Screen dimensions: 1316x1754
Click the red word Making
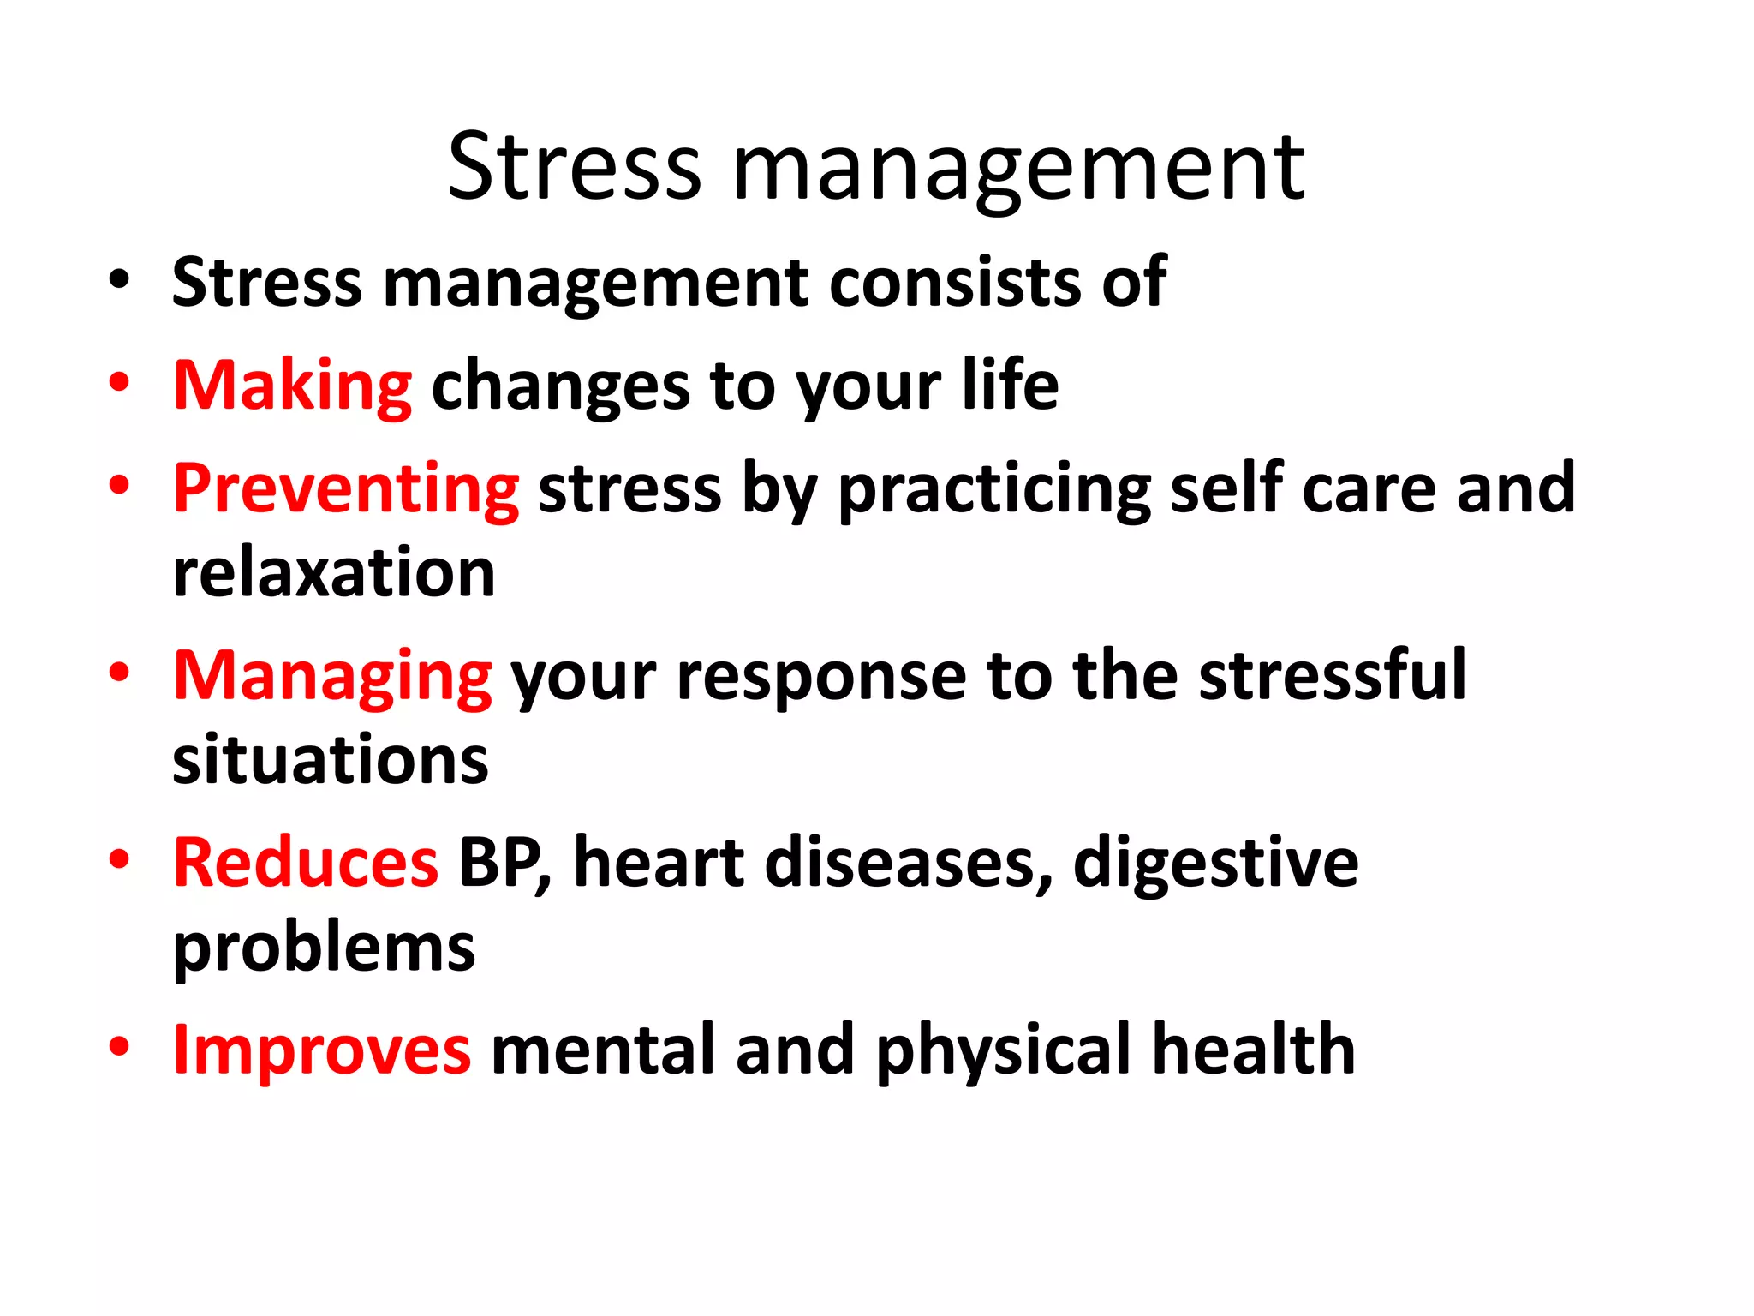point(292,386)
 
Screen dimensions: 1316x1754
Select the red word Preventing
point(345,489)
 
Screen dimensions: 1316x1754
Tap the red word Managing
point(332,677)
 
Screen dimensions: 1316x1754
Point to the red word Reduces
point(306,863)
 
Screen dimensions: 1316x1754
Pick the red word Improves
point(321,1050)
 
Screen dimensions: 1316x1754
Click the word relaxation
point(334,572)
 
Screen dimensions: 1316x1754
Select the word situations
point(331,759)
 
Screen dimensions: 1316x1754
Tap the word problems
point(324,948)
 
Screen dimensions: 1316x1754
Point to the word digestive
point(1215,863)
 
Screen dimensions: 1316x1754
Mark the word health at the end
point(1253,1050)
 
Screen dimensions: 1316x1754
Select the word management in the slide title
point(1018,170)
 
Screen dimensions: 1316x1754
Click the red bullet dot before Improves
point(119,1047)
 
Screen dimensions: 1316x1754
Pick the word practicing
point(993,489)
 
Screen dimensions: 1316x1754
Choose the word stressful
point(1332,677)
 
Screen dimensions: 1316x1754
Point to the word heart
point(659,863)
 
